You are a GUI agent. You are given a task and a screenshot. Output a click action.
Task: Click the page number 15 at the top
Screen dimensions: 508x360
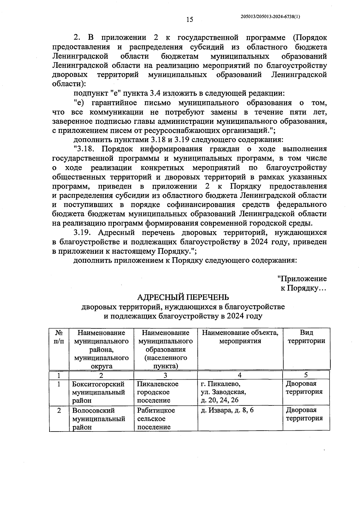pos(190,20)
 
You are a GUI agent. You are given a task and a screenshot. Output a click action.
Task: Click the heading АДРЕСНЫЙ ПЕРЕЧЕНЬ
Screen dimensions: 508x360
pos(183,297)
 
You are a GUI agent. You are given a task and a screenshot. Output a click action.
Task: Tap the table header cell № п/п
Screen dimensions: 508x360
pos(59,337)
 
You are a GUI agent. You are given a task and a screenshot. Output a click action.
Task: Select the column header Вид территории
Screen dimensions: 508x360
pos(306,337)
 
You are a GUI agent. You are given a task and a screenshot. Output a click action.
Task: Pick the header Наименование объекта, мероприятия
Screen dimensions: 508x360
pos(240,337)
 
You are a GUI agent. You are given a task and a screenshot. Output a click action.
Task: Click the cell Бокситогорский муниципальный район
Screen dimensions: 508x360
pos(98,392)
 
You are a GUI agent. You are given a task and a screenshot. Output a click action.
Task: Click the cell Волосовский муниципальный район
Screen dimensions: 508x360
pos(98,418)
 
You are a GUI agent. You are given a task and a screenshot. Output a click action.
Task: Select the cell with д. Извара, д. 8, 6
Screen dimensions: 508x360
pos(227,410)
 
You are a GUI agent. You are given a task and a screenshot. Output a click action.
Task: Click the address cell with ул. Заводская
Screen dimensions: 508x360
pos(223,392)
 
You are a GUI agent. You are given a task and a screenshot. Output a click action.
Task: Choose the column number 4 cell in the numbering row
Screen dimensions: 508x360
pos(239,375)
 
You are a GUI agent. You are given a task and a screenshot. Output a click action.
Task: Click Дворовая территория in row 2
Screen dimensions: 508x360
pos(304,414)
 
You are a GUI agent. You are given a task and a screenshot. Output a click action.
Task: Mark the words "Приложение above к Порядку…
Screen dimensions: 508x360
pos(302,279)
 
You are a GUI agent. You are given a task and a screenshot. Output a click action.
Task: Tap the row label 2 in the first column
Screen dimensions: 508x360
pos(59,410)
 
